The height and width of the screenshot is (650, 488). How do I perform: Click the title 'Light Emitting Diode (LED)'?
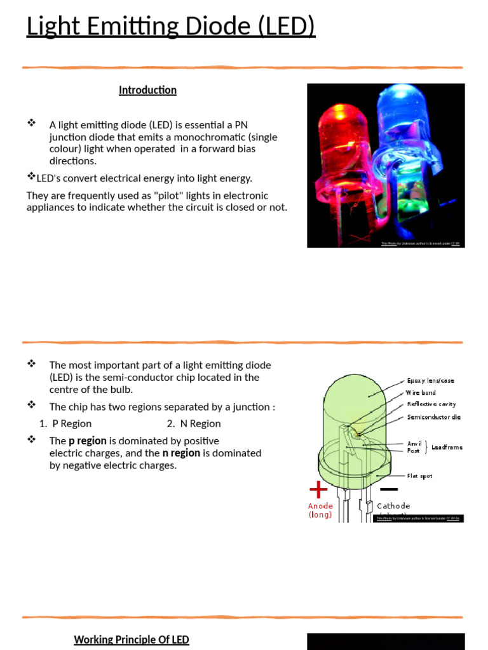click(x=170, y=27)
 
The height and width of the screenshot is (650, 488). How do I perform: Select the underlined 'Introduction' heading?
click(x=147, y=90)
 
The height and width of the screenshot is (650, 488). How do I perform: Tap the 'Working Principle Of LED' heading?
click(x=132, y=639)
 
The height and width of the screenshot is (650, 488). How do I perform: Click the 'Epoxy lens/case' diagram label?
click(x=430, y=381)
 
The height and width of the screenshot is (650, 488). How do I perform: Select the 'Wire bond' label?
click(x=421, y=393)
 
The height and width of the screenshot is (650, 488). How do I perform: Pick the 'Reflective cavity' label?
click(x=431, y=404)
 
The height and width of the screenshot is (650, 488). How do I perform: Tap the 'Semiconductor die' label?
click(x=433, y=417)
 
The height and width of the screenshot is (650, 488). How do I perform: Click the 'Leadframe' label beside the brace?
click(x=447, y=448)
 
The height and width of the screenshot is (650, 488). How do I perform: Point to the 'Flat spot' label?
click(x=419, y=475)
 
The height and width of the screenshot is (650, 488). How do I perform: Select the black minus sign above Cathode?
click(x=388, y=489)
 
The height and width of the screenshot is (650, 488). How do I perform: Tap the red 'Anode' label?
click(x=320, y=506)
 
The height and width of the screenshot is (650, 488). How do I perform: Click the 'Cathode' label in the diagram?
click(x=393, y=506)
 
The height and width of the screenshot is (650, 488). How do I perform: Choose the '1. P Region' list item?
click(x=65, y=423)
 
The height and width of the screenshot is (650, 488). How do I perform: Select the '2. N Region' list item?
click(x=194, y=423)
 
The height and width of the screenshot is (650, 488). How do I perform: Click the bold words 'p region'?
click(x=87, y=441)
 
